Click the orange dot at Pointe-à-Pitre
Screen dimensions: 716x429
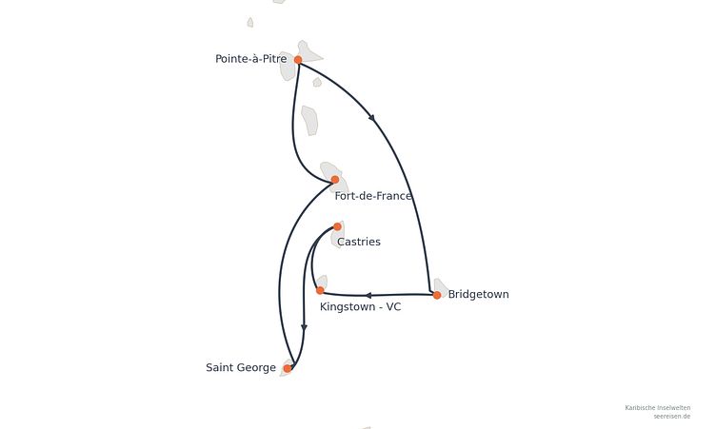[x=298, y=60]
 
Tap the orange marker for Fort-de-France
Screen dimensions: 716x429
[x=335, y=180]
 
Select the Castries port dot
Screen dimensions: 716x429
[x=337, y=226]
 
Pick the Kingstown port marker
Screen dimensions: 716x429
[x=320, y=290]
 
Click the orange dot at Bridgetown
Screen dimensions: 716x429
[x=437, y=295]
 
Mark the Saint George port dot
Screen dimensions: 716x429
[x=288, y=368]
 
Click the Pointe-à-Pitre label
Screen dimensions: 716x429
[x=251, y=59]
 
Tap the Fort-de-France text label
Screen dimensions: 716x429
[x=373, y=196]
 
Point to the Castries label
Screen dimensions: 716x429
[x=359, y=242]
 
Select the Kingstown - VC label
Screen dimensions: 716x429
[x=360, y=306]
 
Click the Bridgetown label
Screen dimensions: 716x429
[x=479, y=294]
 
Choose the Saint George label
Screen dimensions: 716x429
[x=241, y=368]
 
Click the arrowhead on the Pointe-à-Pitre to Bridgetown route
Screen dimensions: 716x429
[x=372, y=118]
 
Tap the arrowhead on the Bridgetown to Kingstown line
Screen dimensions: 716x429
[x=368, y=295]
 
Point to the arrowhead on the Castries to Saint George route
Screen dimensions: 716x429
[x=304, y=327]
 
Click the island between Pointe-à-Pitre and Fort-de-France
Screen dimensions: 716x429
[x=310, y=121]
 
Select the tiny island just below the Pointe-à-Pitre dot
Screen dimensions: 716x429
[x=317, y=82]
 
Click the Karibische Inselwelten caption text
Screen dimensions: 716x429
[x=658, y=408]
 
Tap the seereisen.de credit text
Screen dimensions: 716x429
[x=671, y=417]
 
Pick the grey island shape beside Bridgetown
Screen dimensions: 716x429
[x=441, y=287]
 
